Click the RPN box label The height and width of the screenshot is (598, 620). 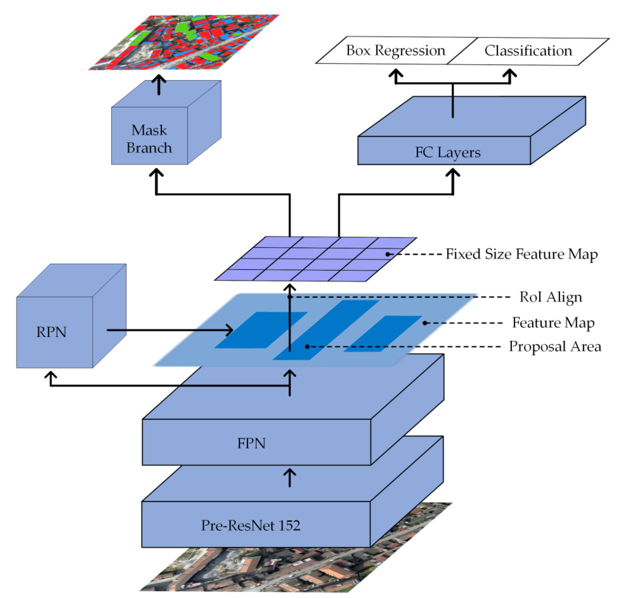[x=51, y=332]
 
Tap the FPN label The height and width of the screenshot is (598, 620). [x=252, y=443]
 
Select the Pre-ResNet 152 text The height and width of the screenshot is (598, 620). [x=251, y=525]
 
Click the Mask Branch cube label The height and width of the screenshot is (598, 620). [x=149, y=139]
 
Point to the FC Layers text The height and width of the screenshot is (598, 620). [x=448, y=153]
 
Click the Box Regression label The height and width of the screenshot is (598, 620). [x=395, y=50]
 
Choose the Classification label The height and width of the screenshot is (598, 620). [x=528, y=51]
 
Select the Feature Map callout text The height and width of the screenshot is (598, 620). [x=553, y=323]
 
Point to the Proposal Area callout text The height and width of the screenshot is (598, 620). [x=555, y=347]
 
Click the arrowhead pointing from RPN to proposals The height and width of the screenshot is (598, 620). [x=230, y=330]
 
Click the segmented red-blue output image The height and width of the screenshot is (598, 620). [x=184, y=42]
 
